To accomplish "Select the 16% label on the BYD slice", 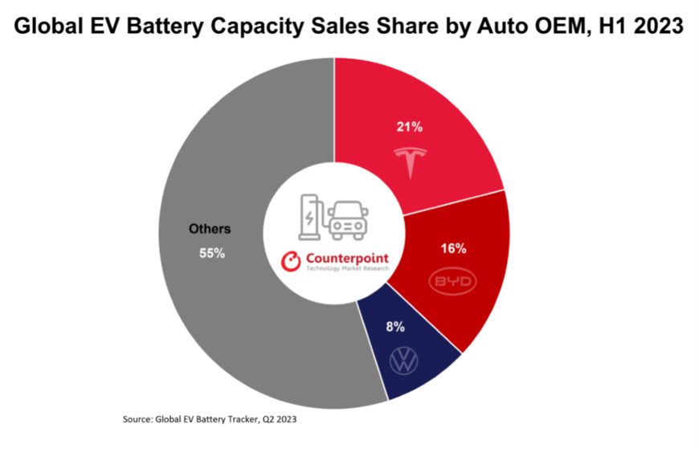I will [453, 249].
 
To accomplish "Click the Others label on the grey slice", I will [210, 229].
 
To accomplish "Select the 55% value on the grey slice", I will [212, 253].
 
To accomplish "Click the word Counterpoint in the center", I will [347, 259].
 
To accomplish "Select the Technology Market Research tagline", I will [347, 269].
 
